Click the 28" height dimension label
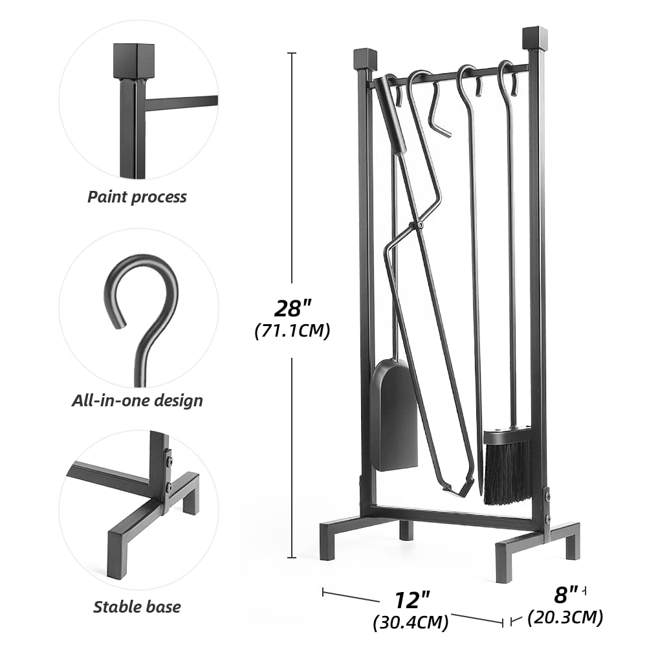(293, 308)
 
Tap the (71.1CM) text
(292, 331)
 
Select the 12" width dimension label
(412, 600)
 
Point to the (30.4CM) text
(411, 622)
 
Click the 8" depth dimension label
(565, 595)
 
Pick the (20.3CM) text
(565, 617)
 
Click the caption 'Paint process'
(137, 197)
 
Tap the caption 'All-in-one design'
(137, 400)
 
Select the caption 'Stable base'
(137, 607)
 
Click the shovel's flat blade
(395, 415)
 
